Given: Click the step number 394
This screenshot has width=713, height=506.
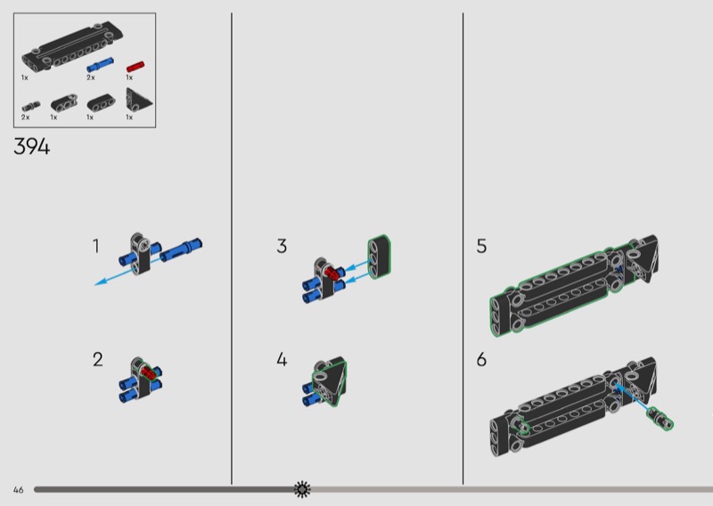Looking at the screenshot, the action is tap(32, 147).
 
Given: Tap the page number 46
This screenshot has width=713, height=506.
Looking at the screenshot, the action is tap(18, 490).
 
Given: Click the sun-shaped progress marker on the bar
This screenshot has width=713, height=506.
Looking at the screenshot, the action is tap(302, 489).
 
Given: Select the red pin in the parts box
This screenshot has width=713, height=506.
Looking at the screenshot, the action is tap(135, 67).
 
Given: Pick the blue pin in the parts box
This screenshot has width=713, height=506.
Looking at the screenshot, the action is tap(100, 65).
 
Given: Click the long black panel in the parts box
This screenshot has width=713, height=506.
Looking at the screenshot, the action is tap(72, 46).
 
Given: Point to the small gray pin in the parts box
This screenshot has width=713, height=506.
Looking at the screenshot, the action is tap(30, 107).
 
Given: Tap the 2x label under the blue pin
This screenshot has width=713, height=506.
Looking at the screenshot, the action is tap(91, 78).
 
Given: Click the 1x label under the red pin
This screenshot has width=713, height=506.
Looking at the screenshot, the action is tap(129, 78).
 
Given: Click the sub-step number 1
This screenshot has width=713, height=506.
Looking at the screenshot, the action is tap(95, 246).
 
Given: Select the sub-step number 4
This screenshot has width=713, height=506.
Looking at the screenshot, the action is tap(282, 359).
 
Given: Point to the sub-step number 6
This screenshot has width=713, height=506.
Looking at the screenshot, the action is tap(481, 360).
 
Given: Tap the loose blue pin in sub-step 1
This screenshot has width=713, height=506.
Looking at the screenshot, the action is tap(181, 249).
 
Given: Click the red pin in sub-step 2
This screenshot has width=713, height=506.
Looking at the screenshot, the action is tap(148, 372).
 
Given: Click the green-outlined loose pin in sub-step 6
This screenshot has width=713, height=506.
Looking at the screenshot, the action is tap(660, 419).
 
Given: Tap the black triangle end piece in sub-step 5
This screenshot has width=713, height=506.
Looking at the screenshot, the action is tap(643, 259).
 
